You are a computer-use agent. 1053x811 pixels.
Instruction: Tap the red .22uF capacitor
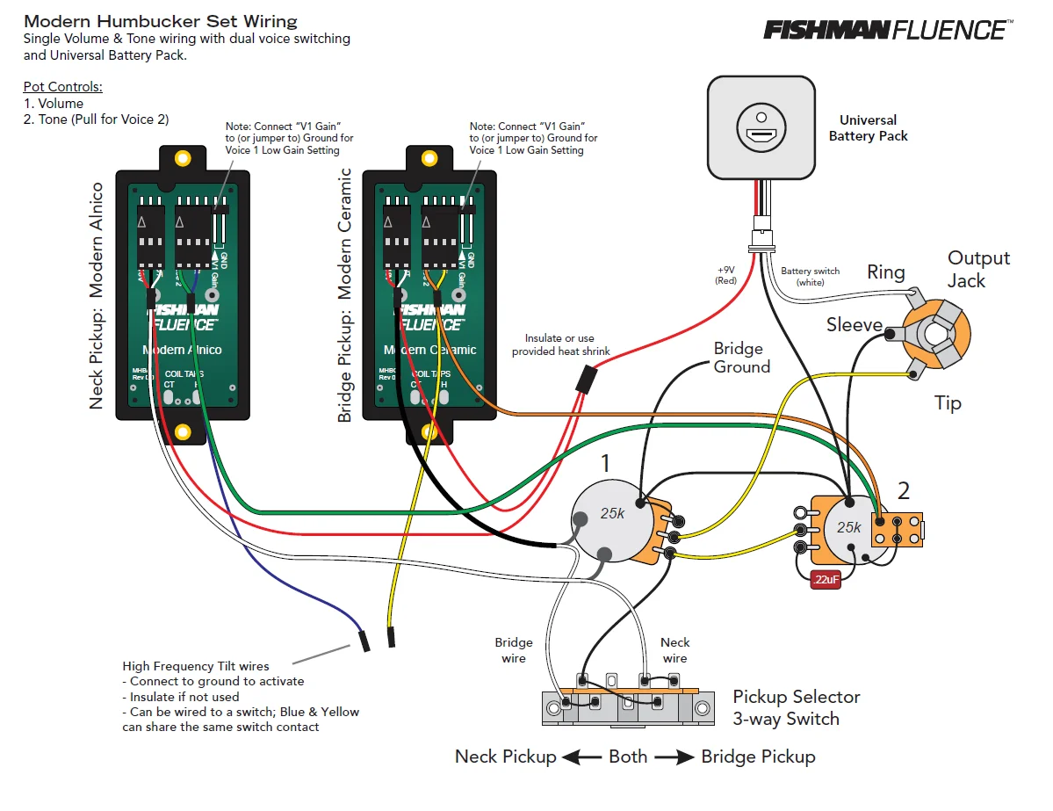826,580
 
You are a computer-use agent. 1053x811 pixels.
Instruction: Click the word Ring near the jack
885,272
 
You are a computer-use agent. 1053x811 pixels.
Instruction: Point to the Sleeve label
854,325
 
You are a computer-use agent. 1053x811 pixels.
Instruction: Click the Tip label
948,403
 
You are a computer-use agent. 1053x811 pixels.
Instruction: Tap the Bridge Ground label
741,358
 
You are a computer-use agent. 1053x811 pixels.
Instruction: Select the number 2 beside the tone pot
904,490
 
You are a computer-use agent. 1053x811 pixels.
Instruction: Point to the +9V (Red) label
726,275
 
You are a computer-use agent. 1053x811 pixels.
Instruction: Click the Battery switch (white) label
810,276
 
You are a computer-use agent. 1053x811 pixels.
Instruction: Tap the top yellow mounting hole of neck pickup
183,159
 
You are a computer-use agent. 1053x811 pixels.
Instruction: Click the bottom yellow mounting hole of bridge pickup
429,431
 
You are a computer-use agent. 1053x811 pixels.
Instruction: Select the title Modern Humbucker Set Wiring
161,21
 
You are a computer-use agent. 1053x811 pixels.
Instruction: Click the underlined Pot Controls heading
63,87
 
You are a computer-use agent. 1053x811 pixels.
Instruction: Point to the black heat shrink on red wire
585,380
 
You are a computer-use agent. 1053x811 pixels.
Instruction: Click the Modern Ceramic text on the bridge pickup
430,350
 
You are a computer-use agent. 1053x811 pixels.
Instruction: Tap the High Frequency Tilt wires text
196,666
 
